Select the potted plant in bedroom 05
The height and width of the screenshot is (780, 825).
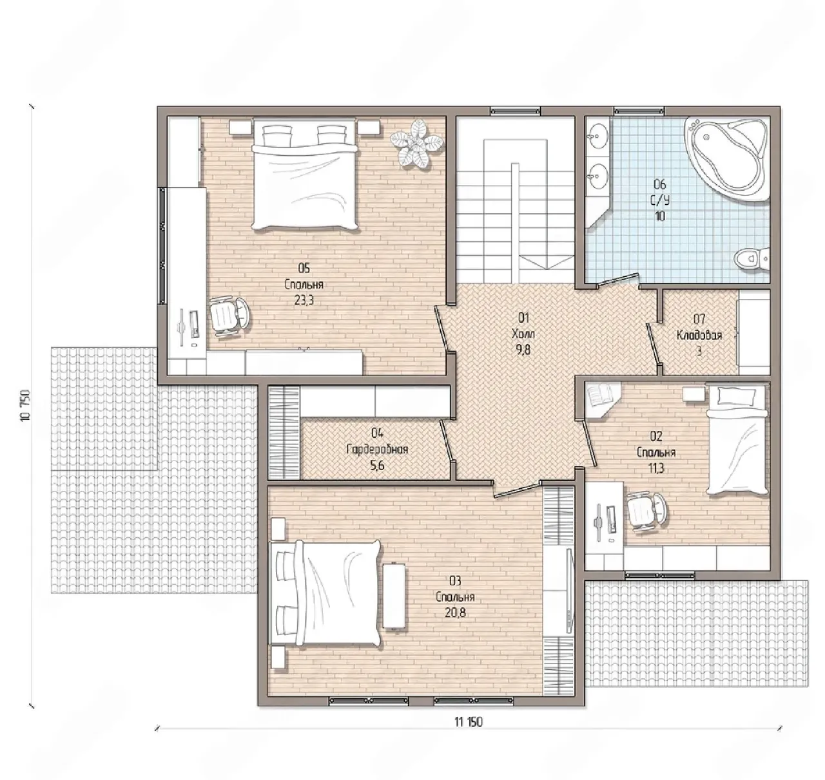(x=416, y=144)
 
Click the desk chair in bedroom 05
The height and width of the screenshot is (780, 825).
(x=229, y=316)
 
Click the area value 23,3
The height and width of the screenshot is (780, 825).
(x=304, y=301)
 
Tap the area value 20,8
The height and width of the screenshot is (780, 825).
(x=455, y=613)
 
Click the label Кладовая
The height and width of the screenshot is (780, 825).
(x=699, y=336)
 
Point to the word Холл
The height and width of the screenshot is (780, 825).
(x=523, y=334)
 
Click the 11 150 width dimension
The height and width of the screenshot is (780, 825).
(x=469, y=722)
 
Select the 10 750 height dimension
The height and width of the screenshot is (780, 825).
(x=24, y=406)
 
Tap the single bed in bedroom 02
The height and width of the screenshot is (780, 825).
(x=737, y=441)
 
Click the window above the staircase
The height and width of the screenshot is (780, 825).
(x=516, y=111)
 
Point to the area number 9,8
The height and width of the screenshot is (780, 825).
(x=523, y=350)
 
